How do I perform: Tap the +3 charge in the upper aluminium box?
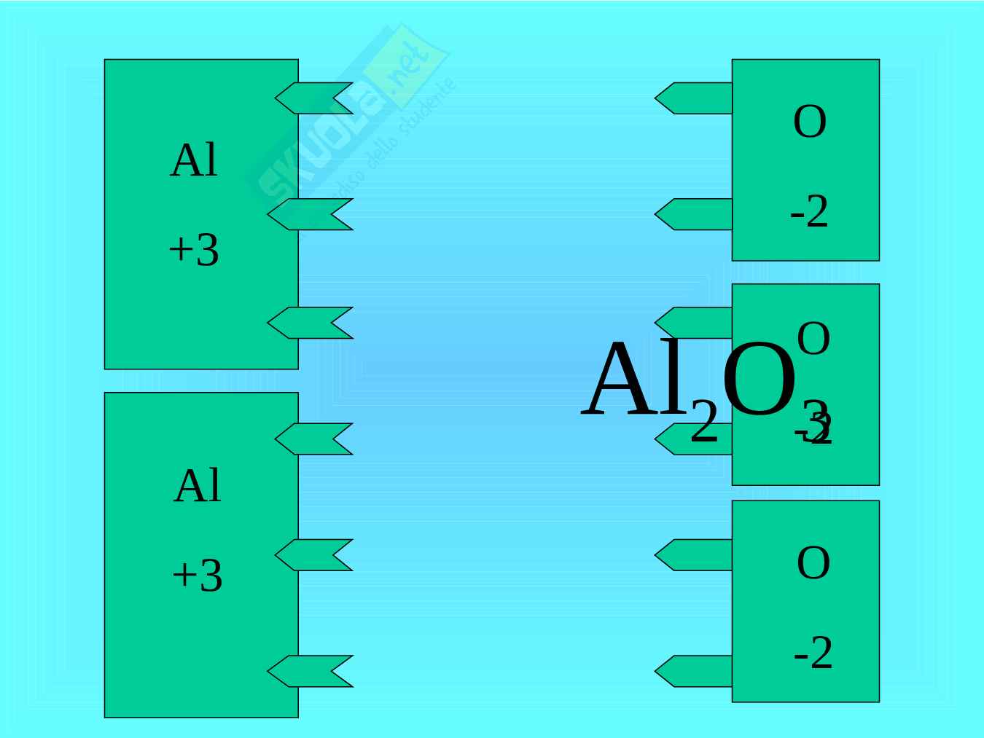(194, 251)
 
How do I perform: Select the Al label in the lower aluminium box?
(198, 486)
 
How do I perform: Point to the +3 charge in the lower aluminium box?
(197, 576)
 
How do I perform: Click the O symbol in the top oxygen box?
(810, 122)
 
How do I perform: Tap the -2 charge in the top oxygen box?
(810, 213)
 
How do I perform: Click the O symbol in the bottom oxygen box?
(813, 563)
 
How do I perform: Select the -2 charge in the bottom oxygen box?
(813, 653)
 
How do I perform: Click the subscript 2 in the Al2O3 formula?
(703, 422)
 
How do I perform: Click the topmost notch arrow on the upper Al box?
(313, 98)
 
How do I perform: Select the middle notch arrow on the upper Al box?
(310, 214)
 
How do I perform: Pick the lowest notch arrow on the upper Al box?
(310, 323)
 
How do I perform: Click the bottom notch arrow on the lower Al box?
(310, 671)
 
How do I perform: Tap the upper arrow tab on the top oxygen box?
(693, 98)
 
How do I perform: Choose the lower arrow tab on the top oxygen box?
(693, 214)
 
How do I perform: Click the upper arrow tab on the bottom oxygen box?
(693, 555)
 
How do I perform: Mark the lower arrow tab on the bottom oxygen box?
(693, 671)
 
